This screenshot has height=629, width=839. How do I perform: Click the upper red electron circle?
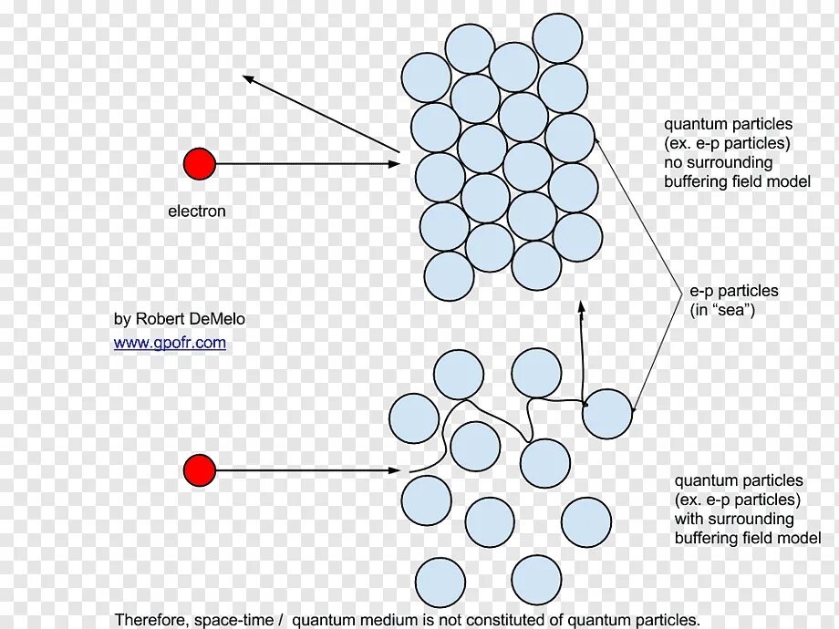pyautogui.click(x=200, y=164)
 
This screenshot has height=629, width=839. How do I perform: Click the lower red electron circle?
pyautogui.click(x=200, y=470)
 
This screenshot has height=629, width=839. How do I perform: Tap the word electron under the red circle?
pyautogui.click(x=196, y=211)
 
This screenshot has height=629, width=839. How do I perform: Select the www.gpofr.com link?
pyautogui.click(x=170, y=343)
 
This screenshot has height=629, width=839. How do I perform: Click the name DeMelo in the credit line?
pyautogui.click(x=217, y=319)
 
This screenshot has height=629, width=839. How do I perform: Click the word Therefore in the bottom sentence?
pyautogui.click(x=151, y=620)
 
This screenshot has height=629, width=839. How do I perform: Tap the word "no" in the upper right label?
pyautogui.click(x=673, y=162)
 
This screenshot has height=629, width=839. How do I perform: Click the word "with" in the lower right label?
pyautogui.click(x=689, y=519)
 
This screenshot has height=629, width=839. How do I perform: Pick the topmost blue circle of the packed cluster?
pyautogui.click(x=557, y=38)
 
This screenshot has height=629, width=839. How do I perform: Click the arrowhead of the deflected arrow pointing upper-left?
pyautogui.click(x=248, y=79)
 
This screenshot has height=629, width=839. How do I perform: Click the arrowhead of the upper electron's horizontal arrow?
pyautogui.click(x=394, y=164)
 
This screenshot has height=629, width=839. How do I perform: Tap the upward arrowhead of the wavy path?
pyautogui.click(x=581, y=307)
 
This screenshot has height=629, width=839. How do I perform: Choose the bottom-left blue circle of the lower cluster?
pyautogui.click(x=440, y=582)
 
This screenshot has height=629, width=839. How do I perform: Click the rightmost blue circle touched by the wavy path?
pyautogui.click(x=606, y=414)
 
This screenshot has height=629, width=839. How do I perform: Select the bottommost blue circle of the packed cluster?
pyautogui.click(x=450, y=276)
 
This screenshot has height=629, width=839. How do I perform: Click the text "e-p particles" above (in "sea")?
pyautogui.click(x=733, y=291)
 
